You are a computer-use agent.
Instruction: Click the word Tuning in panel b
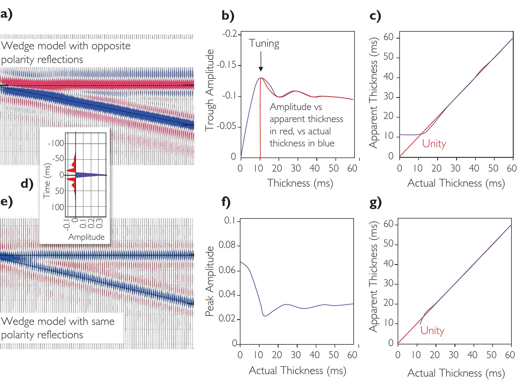(x=264, y=44)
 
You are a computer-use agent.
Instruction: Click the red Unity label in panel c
(x=434, y=144)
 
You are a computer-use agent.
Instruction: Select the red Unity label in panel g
(x=432, y=331)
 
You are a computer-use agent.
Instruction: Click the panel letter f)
(x=226, y=202)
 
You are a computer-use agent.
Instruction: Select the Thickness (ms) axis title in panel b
(x=300, y=183)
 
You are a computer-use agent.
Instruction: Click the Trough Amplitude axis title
(x=210, y=90)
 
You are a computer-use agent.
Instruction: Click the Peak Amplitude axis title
(x=210, y=281)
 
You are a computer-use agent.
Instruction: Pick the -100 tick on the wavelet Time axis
(x=56, y=144)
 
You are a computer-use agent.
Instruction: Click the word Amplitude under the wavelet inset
(x=86, y=237)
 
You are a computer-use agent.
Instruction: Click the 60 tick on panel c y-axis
(x=388, y=38)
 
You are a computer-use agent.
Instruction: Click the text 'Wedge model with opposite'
(x=66, y=46)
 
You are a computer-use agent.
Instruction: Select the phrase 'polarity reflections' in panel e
(x=42, y=335)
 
